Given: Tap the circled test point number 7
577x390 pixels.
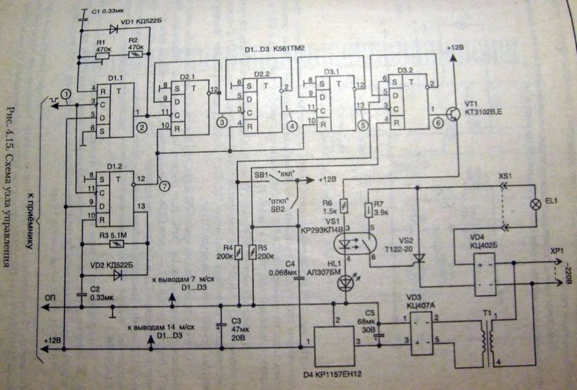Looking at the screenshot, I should (166, 186).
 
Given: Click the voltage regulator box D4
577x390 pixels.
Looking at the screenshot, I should (334, 344).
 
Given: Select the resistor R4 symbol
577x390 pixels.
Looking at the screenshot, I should (238, 252).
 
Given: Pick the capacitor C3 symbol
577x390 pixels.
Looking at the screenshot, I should (221, 326).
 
